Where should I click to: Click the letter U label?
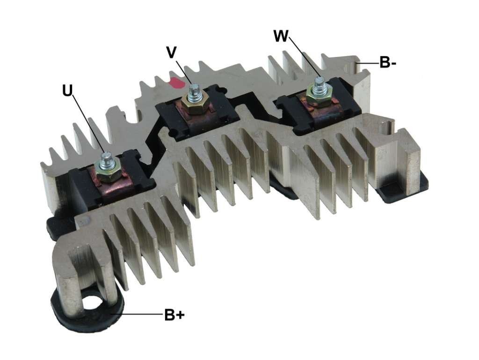[x=67, y=90]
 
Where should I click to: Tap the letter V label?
[x=172, y=52]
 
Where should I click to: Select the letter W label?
[x=281, y=36]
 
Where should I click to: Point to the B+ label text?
[x=174, y=315]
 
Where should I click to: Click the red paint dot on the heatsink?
[x=176, y=83]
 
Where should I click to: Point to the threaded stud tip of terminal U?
[x=106, y=156]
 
